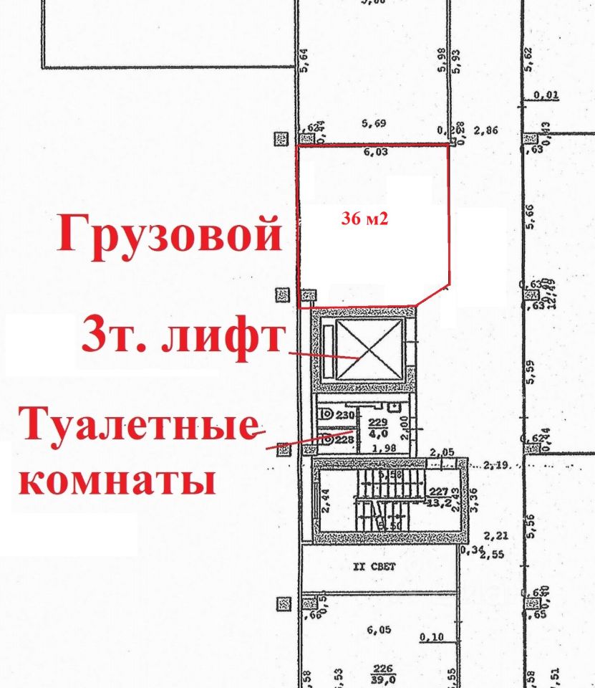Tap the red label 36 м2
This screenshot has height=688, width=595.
coord(364,220)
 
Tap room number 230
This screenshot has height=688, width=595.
coord(346,415)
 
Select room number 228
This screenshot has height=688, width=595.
coord(344,439)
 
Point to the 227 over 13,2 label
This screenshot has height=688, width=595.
coord(438,496)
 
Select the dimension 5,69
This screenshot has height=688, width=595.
coord(374,124)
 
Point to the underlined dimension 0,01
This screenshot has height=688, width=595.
coord(547,94)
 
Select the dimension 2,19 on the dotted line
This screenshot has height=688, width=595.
coord(495,466)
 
